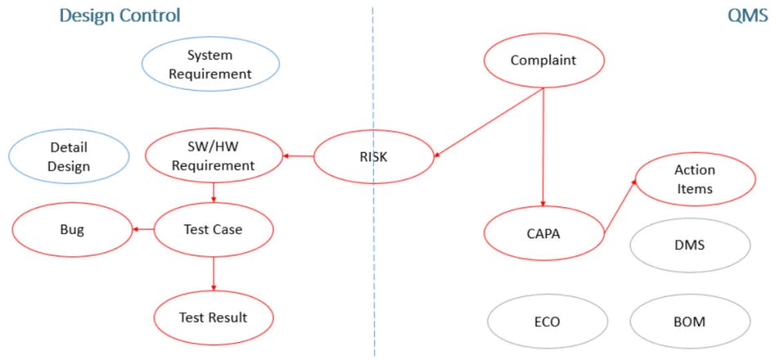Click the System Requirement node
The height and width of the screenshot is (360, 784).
click(211, 64)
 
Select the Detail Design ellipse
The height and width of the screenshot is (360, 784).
click(69, 157)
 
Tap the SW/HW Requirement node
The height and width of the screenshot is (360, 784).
click(213, 157)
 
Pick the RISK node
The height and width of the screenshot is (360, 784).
click(373, 157)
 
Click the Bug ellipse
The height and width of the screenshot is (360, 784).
click(72, 230)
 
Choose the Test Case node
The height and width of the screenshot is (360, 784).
click(213, 229)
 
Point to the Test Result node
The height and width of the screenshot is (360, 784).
click(213, 318)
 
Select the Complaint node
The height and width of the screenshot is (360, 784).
click(544, 60)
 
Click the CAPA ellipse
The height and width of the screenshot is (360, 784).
click(544, 233)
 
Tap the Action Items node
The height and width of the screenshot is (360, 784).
click(694, 179)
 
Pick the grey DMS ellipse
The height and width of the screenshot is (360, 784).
click(690, 246)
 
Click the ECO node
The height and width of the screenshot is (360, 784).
click(547, 322)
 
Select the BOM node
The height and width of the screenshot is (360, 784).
click(690, 322)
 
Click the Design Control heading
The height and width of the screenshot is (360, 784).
click(120, 16)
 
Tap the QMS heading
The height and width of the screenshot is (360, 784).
click(747, 16)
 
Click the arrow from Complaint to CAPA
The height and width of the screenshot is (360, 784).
click(544, 148)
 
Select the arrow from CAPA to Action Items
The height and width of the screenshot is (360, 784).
click(620, 206)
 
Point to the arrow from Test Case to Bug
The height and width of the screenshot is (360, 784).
click(142, 230)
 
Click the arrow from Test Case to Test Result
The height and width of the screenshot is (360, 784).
click(213, 274)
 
